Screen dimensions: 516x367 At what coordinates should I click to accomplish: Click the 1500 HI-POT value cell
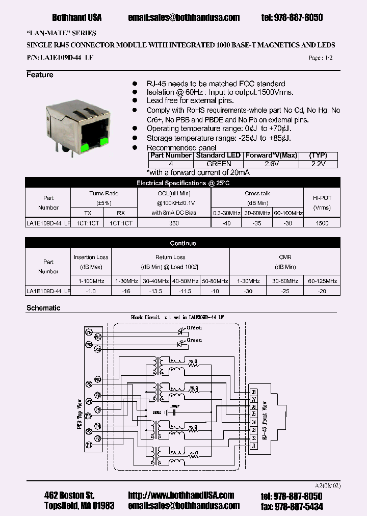coord(322,223)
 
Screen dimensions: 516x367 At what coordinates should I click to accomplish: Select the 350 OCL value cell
coord(173,223)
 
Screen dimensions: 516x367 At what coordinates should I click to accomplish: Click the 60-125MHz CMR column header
coord(322,281)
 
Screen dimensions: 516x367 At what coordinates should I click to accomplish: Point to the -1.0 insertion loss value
coord(91,291)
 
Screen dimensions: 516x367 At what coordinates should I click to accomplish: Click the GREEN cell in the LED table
coord(219,164)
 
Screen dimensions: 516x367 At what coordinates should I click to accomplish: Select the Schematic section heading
coord(43,308)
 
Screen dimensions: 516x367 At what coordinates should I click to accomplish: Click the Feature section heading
coord(40,75)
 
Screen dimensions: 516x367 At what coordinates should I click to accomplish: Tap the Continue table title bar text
coord(183,243)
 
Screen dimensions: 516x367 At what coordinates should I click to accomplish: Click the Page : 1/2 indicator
coord(321,58)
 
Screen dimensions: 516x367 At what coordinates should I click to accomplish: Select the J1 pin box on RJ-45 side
coord(254,445)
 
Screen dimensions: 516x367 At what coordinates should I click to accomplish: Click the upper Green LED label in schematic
coord(195,328)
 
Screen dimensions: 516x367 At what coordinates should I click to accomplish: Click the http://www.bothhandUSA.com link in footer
coord(181,495)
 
